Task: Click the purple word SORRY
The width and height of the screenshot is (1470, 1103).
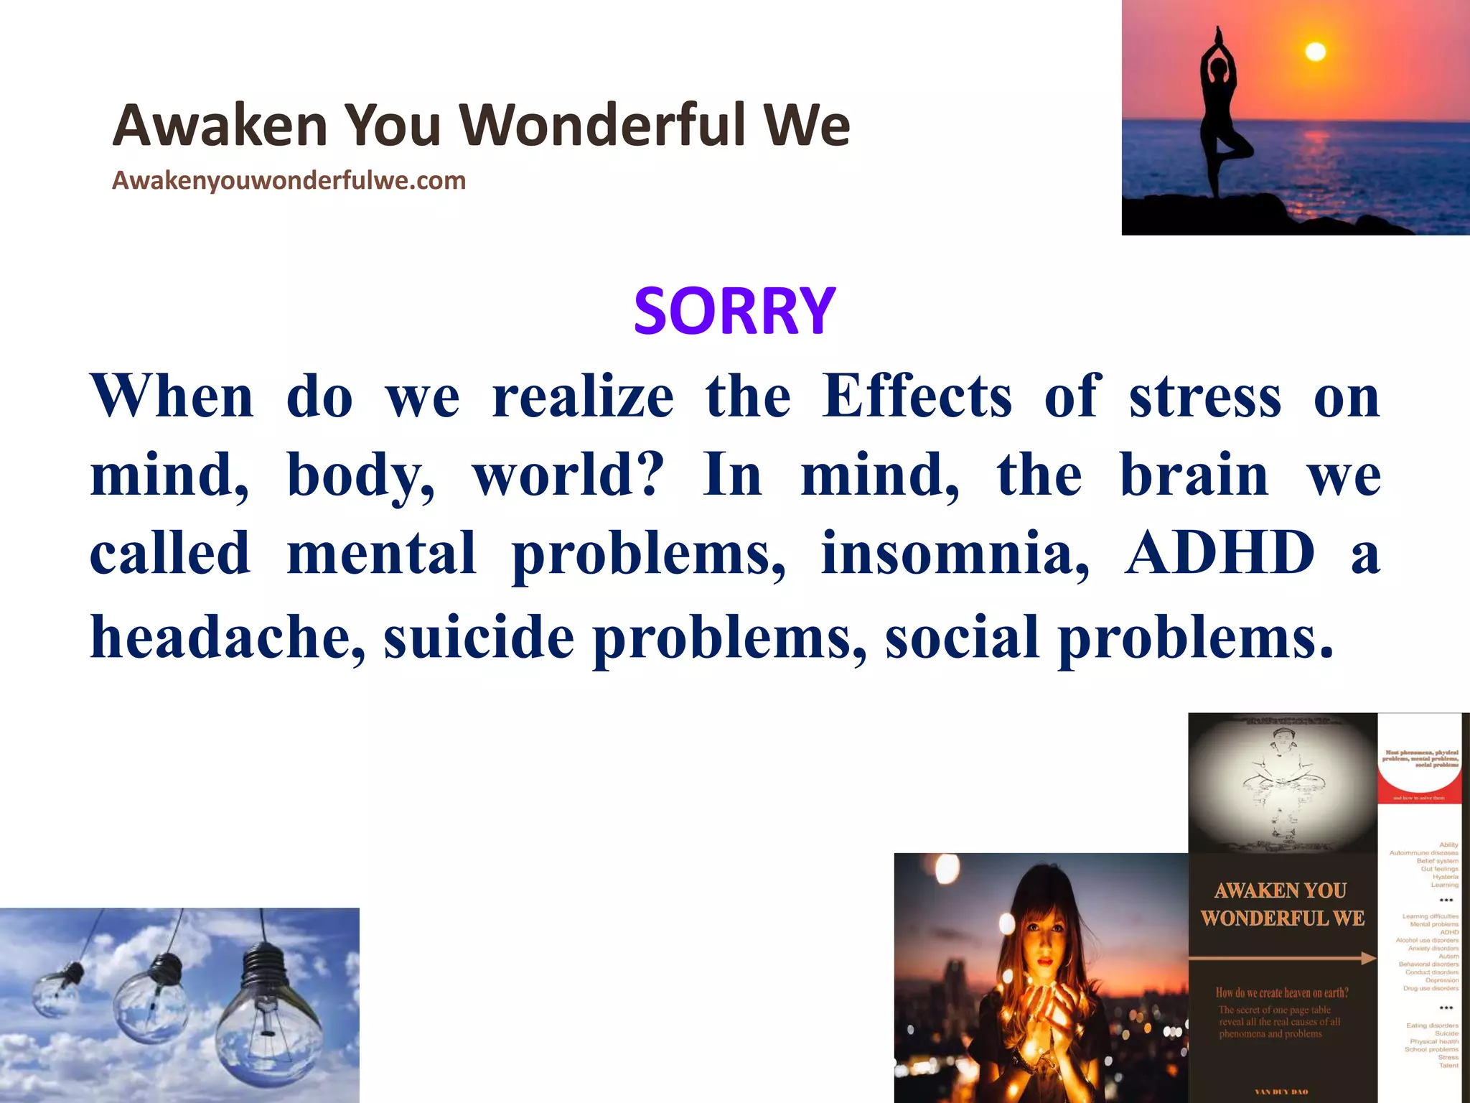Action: pos(734,312)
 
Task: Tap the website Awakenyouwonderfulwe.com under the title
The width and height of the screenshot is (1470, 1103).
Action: pos(289,180)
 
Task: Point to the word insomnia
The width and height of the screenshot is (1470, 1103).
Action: pos(955,553)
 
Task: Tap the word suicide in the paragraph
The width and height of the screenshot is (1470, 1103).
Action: pos(479,637)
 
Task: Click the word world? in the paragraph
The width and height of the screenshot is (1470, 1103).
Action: pos(568,475)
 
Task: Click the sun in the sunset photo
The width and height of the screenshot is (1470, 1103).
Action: pos(1315,52)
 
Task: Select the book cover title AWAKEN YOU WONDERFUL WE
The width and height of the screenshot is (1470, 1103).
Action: pos(1282,905)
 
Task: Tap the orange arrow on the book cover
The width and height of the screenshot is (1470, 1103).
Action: pos(1282,958)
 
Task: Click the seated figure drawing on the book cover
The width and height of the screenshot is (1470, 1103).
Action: pos(1282,783)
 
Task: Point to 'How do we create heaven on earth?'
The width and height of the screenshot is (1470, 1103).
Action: pos(1282,993)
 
